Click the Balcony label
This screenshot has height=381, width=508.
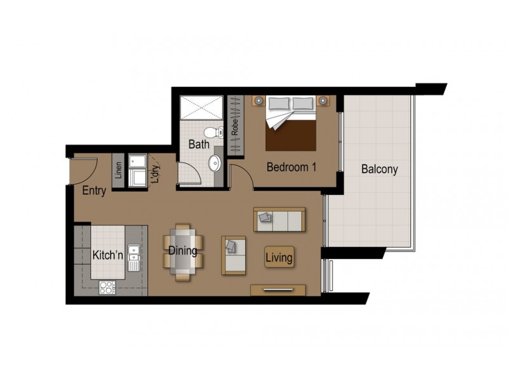click(x=380, y=170)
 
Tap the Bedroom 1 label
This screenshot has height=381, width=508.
click(x=291, y=168)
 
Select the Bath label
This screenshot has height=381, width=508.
click(x=199, y=144)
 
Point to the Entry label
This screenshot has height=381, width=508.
click(x=94, y=191)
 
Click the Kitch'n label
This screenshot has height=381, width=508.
click(x=107, y=255)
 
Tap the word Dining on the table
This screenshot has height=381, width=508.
click(x=183, y=251)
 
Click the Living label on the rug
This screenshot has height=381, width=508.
click(x=279, y=258)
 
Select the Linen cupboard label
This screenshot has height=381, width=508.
click(x=118, y=170)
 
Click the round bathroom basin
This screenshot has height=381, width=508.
click(x=215, y=163)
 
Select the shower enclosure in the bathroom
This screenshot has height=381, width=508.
click(x=201, y=107)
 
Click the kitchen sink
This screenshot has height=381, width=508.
click(x=133, y=258)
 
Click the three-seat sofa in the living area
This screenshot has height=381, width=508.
click(x=279, y=219)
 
